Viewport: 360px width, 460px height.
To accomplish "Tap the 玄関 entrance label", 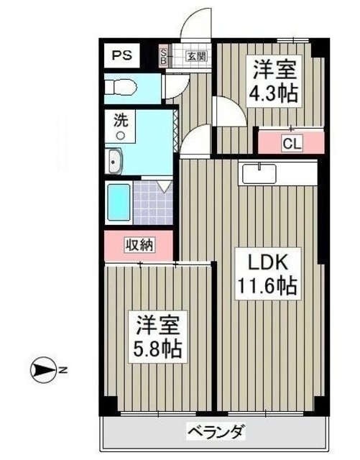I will click(196, 56).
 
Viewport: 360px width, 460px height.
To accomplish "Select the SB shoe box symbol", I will click(163, 56).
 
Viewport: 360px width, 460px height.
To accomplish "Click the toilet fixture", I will click(119, 88).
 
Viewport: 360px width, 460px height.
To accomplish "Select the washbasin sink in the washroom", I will click(116, 162).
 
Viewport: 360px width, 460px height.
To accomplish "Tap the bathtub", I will click(117, 203).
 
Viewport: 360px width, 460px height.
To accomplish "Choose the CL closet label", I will click(290, 143).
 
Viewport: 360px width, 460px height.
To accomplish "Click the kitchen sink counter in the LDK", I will click(259, 173).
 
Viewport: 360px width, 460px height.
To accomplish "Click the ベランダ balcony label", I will click(216, 433).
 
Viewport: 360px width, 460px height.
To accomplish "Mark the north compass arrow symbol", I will click(44, 371).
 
